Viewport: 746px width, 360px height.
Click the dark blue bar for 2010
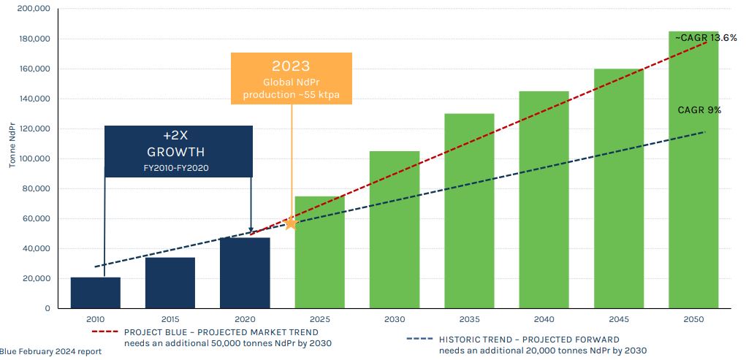point(95,293)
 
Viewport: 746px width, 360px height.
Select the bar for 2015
point(170,283)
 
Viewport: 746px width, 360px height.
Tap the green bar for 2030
point(395,229)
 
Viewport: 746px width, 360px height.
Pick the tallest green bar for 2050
point(693,169)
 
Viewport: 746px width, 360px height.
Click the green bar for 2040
point(544,200)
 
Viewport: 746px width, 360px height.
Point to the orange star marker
point(290,223)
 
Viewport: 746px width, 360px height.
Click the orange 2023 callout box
point(292,78)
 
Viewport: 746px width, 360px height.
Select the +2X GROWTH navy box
point(178,151)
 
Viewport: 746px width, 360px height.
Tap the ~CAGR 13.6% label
point(706,38)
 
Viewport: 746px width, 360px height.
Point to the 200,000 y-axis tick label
point(34,9)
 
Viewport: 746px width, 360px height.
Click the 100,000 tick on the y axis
point(34,159)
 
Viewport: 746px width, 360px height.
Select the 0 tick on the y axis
point(47,309)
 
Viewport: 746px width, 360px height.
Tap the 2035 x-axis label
point(469,319)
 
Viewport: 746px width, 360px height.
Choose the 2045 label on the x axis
point(618,319)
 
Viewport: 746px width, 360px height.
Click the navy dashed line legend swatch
point(420,339)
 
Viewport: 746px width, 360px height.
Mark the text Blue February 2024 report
point(50,352)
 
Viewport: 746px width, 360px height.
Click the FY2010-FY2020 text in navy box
point(176,168)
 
